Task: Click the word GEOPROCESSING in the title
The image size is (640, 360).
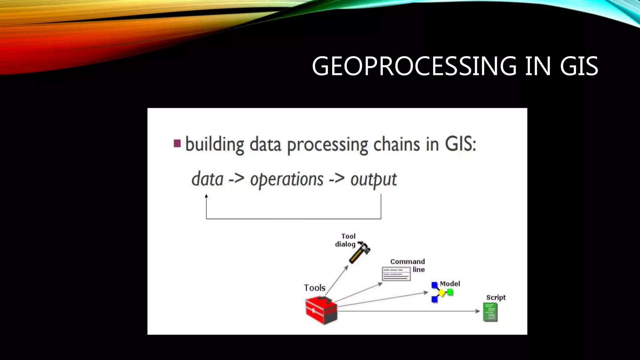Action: coord(414,66)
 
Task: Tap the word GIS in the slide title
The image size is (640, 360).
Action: coord(579,66)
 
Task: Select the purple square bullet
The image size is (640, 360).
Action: coord(177,143)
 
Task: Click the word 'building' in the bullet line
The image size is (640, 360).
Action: coord(215,145)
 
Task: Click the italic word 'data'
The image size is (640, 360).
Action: coord(207,179)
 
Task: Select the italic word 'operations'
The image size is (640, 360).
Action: coord(287,180)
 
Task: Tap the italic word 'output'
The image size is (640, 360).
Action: coord(373,180)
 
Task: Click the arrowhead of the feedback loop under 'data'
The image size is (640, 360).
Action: coord(206,196)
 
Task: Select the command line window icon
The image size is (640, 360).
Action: coord(396,274)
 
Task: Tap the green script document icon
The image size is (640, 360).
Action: coord(490,312)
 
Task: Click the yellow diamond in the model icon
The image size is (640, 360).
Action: coord(441,293)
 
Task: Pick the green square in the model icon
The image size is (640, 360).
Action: coord(450,292)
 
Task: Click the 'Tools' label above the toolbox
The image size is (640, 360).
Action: coord(314,287)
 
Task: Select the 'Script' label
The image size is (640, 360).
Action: coord(496,297)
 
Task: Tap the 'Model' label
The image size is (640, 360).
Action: coord(450,284)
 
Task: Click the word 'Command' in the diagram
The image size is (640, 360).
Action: coord(407,262)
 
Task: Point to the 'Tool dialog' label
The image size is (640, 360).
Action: coord(346,240)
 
